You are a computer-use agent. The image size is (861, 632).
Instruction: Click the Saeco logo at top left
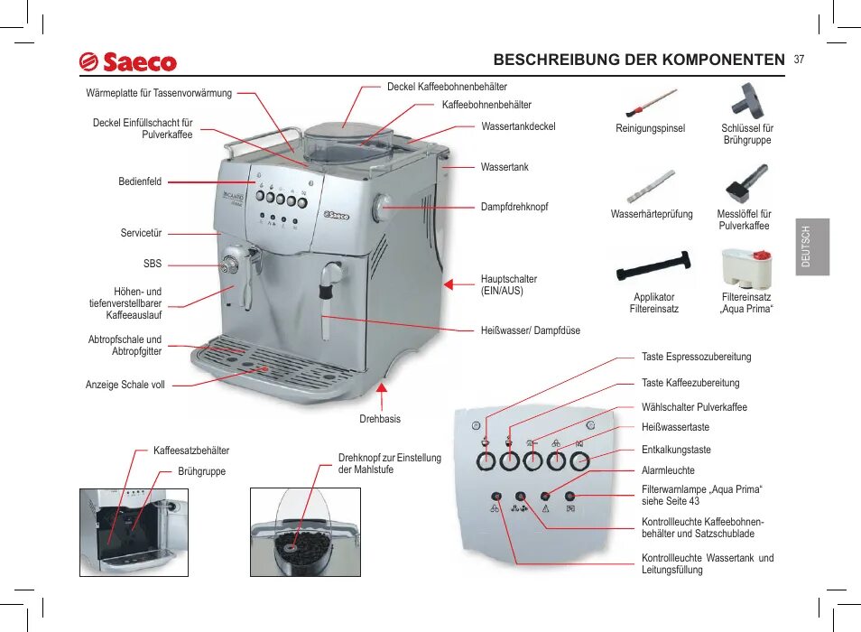pos(127,61)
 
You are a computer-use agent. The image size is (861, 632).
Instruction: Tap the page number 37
pos(799,60)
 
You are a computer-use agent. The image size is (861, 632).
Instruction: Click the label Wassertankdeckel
pos(518,126)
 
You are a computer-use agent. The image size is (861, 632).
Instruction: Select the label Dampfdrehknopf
pos(514,207)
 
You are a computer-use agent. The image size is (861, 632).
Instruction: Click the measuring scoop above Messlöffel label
pos(745,184)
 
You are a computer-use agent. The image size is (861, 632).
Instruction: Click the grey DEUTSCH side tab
pos(812,246)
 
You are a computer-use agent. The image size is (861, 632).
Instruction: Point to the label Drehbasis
pos(380,419)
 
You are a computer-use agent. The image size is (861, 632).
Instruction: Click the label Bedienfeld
pos(140,181)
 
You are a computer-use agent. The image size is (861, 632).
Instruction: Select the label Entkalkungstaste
pos(676,450)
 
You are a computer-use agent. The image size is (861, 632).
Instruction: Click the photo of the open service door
pos(134,532)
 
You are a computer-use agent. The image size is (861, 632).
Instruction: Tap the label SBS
pos(153,265)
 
